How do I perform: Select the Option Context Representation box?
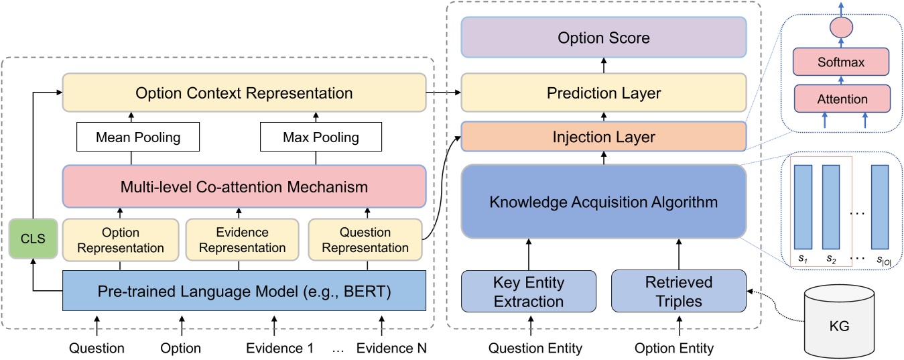244,93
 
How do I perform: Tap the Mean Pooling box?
139,138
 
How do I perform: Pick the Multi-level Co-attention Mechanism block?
244,187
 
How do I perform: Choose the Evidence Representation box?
242,240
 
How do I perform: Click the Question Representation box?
365,240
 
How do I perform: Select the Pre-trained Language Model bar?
244,290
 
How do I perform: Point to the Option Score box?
604,38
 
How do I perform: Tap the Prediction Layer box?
604,93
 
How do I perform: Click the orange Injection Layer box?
604,138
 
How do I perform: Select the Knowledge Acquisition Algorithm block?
604,201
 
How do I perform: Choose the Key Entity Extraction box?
529,291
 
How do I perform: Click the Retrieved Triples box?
677,291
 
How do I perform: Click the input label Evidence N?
391,349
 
